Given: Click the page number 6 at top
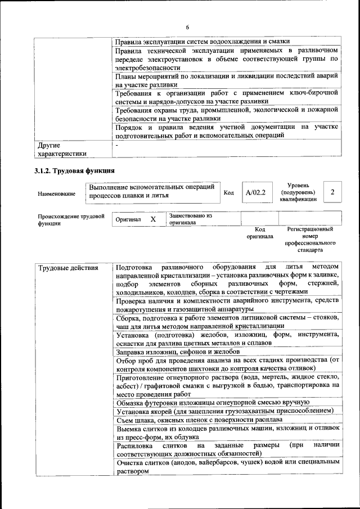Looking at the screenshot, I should [187, 28].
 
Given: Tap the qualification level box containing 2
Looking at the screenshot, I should [332, 192].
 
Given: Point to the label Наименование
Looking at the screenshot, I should [56, 193].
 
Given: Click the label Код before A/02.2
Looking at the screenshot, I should [229, 193].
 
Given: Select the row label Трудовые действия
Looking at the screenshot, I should [68, 268].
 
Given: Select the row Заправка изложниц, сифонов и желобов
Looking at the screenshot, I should [178, 352].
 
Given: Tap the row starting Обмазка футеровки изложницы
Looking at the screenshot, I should [213, 402].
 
